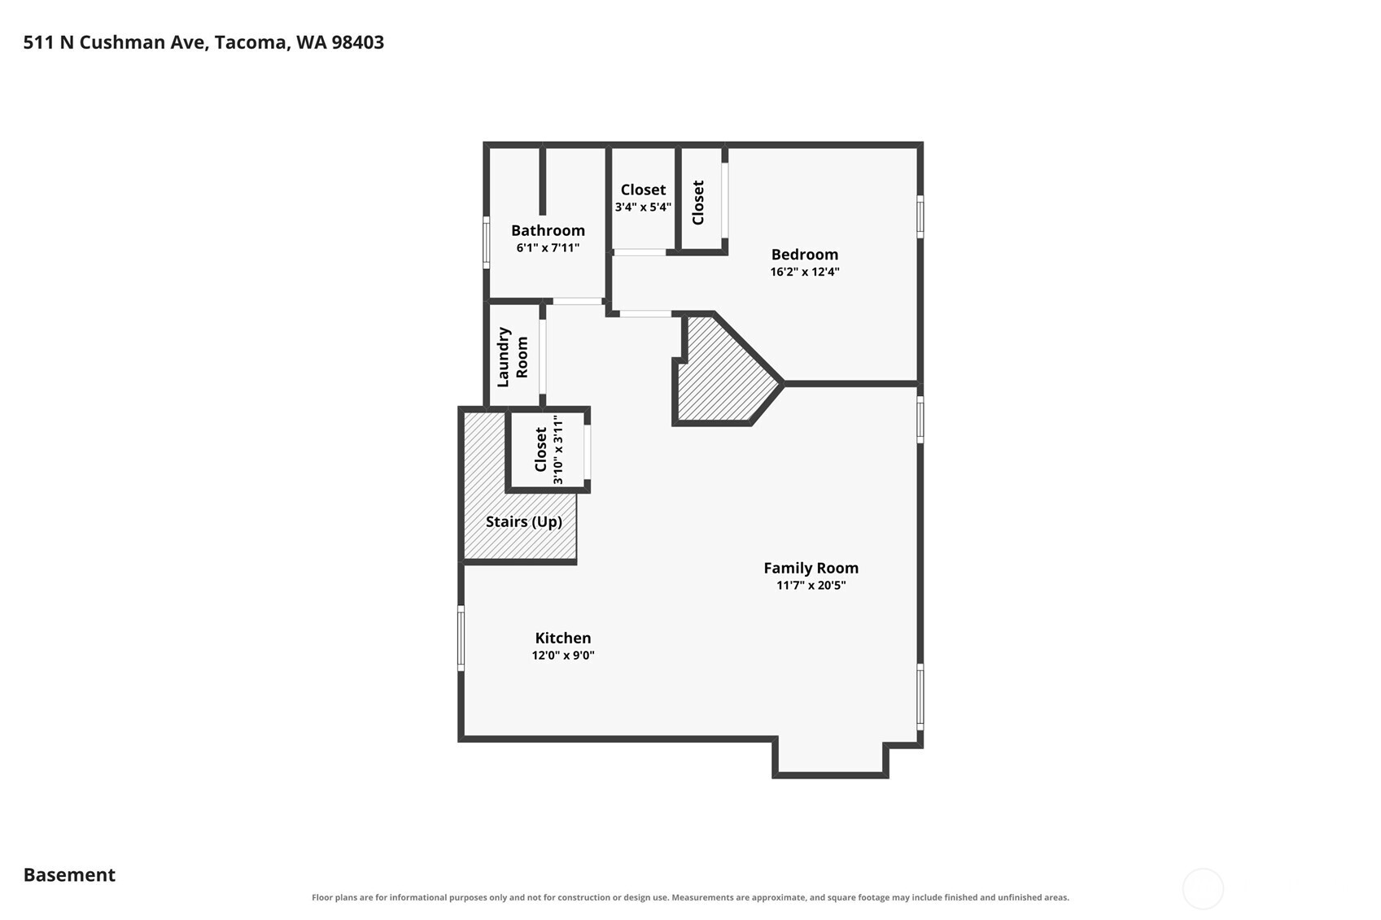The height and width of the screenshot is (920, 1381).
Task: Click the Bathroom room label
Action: coord(548,230)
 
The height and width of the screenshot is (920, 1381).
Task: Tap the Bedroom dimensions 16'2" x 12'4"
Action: coord(805,272)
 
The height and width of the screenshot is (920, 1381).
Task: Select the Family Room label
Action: coord(811,568)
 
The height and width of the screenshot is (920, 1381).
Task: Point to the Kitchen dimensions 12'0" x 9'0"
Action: coord(563,655)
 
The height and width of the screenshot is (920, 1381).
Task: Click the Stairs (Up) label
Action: coord(523,522)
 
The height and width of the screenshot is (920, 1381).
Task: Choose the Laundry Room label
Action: coord(513,357)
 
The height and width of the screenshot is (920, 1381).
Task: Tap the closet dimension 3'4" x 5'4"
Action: coord(643,207)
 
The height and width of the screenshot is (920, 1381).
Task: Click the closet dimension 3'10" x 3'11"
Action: coord(558,449)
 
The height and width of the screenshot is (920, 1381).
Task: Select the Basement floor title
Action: coord(69,875)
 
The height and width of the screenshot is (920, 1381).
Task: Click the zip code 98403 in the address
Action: coord(357,42)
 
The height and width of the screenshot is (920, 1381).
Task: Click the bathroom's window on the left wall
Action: coord(487,242)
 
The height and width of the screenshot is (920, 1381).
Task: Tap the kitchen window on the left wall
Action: coord(461,638)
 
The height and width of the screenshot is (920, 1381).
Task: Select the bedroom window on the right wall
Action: coord(920,216)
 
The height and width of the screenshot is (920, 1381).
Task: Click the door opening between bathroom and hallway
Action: coord(577,301)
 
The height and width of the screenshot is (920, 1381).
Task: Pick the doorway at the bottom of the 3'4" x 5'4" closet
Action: coord(640,252)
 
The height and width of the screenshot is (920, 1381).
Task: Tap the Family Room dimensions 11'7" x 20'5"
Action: coord(811,586)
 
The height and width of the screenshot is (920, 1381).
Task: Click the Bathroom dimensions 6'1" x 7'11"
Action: coord(548,248)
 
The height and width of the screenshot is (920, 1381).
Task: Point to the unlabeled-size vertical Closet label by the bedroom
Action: coord(698,203)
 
